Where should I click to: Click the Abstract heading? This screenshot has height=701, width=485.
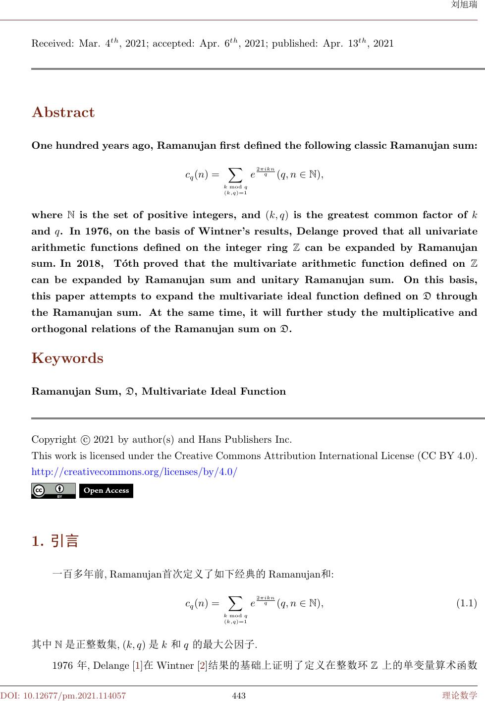tap(63, 113)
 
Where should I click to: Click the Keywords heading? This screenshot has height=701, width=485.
tap(67, 358)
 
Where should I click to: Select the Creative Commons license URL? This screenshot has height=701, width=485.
tap(134, 471)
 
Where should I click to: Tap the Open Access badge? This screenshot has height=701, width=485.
tap(106, 491)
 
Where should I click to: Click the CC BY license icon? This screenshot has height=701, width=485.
tap(54, 491)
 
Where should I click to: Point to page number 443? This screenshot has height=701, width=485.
tap(239, 696)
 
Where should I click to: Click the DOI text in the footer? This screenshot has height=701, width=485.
tap(63, 696)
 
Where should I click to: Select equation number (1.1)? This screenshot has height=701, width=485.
tap(466, 603)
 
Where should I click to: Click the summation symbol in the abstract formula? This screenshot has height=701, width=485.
tap(235, 175)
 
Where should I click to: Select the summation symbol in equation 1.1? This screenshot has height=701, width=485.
tap(235, 603)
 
